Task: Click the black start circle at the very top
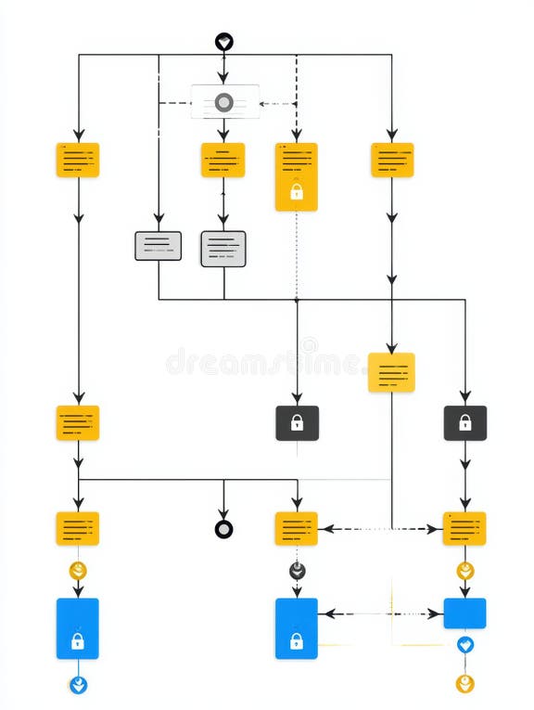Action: [x=223, y=42]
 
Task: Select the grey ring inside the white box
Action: [x=224, y=102]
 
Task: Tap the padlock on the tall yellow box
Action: [x=297, y=192]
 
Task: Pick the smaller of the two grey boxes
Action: [x=158, y=245]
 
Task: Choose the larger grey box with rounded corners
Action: [x=223, y=249]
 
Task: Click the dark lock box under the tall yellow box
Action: [x=297, y=422]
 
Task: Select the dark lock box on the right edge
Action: [x=464, y=422]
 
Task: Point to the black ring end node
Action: [x=223, y=529]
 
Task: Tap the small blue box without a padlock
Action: [x=464, y=613]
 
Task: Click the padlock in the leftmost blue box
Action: [x=78, y=640]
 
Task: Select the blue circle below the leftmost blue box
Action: [x=78, y=685]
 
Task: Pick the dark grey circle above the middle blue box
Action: [x=297, y=571]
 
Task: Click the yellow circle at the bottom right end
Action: [x=464, y=684]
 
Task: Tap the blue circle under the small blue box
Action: [x=464, y=644]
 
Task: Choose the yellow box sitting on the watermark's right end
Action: [x=391, y=372]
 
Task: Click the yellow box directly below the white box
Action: [x=222, y=160]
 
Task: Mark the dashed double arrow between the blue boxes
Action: [x=380, y=613]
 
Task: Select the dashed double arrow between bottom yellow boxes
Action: [x=380, y=529]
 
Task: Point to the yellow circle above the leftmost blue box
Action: [x=78, y=571]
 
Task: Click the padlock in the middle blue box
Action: [x=297, y=640]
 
